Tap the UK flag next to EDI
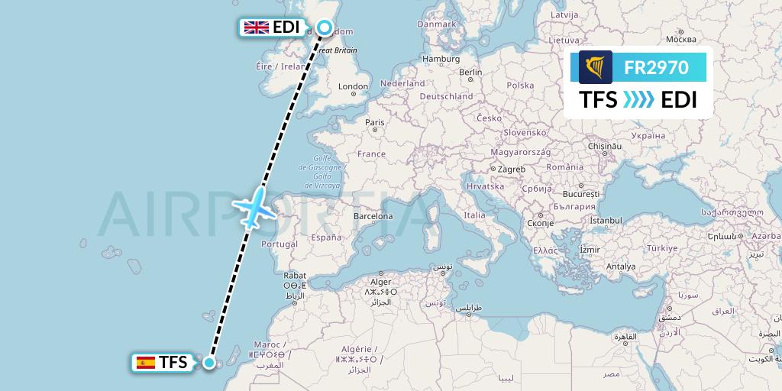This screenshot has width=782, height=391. pyautogui.click(x=255, y=27)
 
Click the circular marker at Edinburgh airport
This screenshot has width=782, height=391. pyautogui.click(x=324, y=28)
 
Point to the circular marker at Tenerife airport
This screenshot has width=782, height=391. pyautogui.click(x=209, y=362)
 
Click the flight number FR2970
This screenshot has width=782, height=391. pyautogui.click(x=656, y=67)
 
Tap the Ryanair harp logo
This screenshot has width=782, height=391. pyautogui.click(x=596, y=67)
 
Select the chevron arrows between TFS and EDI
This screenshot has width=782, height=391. pyautogui.click(x=639, y=100)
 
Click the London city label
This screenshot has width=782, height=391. pyautogui.click(x=353, y=87)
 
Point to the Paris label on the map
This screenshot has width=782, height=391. pyautogui.click(x=374, y=122)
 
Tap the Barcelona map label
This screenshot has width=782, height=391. pyautogui.click(x=373, y=216)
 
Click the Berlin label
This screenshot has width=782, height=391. pyautogui.click(x=471, y=73)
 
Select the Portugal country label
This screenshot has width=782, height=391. pyautogui.click(x=279, y=244)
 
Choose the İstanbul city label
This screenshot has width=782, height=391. pyautogui.click(x=607, y=221)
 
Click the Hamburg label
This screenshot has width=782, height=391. pyautogui.click(x=441, y=59)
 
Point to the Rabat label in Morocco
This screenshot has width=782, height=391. pyautogui.click(x=295, y=275)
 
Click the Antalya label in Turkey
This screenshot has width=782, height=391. pyautogui.click(x=620, y=267)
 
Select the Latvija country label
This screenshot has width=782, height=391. pyautogui.click(x=564, y=15)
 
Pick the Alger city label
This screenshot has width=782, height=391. pyautogui.click(x=380, y=282)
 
